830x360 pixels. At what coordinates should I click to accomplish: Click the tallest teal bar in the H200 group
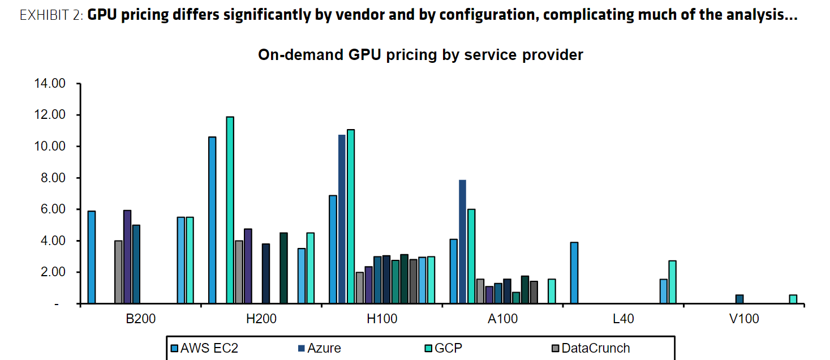tap(230, 210)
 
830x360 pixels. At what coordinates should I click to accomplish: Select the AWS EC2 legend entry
tap(208, 348)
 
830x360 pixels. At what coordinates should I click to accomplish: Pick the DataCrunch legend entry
tap(595, 348)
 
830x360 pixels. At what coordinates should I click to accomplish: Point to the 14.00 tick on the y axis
tap(50, 84)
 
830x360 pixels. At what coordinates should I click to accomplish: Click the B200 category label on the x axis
tap(141, 319)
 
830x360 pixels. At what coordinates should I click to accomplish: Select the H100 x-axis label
tap(382, 319)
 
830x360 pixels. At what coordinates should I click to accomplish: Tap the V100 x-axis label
tap(744, 319)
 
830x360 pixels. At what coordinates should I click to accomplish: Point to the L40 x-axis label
tap(623, 319)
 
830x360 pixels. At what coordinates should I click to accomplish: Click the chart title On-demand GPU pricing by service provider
tap(420, 55)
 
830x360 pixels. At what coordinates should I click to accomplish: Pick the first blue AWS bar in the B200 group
tap(92, 258)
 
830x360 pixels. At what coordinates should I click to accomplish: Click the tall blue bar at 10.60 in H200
tap(212, 220)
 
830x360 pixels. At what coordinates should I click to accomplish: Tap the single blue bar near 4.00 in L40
tap(574, 273)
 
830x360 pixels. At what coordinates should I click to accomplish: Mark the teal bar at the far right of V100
tap(793, 299)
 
